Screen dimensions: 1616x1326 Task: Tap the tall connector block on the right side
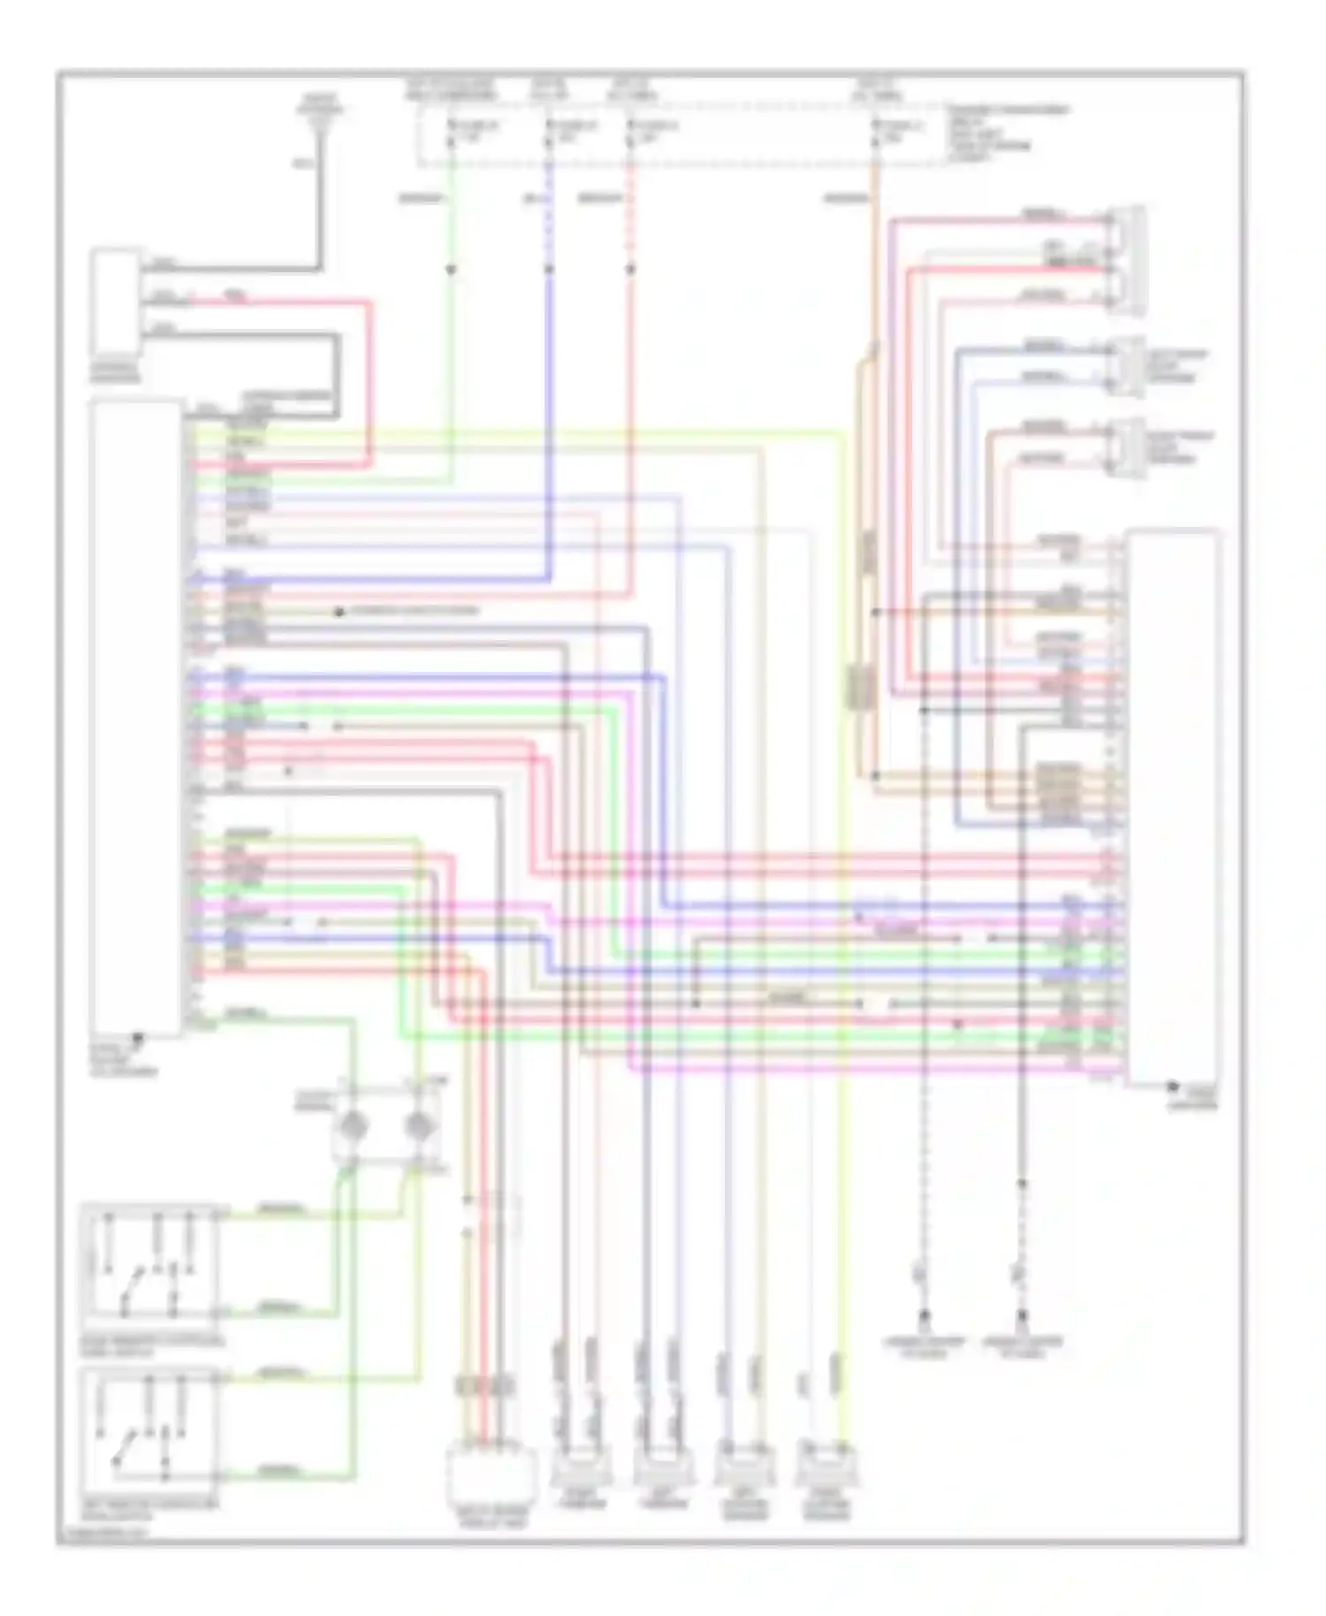tap(1172, 804)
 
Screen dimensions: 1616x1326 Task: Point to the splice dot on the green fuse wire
tap(451, 268)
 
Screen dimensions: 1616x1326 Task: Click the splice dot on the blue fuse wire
tap(548, 268)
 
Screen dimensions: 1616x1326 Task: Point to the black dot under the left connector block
tap(137, 1036)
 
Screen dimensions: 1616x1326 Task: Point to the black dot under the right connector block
tap(1173, 1086)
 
